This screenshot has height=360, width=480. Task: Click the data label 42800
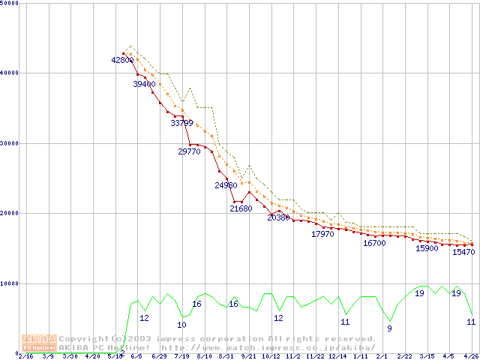click(122, 60)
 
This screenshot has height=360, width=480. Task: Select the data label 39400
click(144, 85)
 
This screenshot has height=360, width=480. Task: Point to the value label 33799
click(181, 123)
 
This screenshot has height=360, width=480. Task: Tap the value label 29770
click(189, 151)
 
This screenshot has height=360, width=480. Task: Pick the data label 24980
click(226, 185)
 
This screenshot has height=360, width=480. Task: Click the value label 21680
click(241, 209)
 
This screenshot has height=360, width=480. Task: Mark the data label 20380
click(278, 217)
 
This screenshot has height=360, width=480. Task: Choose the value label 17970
click(322, 235)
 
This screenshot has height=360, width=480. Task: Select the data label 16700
click(374, 243)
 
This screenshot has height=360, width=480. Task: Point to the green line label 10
click(181, 325)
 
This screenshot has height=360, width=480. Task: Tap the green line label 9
click(389, 328)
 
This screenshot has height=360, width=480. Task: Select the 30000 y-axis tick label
click(10, 142)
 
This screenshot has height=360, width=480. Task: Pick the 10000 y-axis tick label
click(10, 283)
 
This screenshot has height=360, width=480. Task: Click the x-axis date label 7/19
click(181, 357)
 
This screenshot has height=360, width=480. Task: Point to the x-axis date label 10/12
click(271, 357)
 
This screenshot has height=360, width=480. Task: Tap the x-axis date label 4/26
click(470, 357)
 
